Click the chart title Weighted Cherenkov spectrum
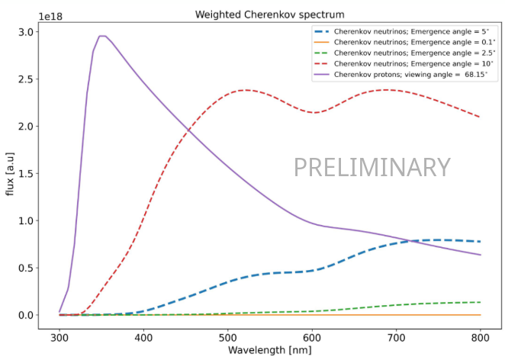click(x=270, y=14)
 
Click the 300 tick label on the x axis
click(x=60, y=336)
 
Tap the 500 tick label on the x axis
click(x=228, y=336)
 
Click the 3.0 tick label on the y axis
click(x=25, y=32)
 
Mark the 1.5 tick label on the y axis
click(x=25, y=173)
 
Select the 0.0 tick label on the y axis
click(x=25, y=315)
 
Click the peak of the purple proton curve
click(x=102, y=36)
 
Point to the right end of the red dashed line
click(x=480, y=117)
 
